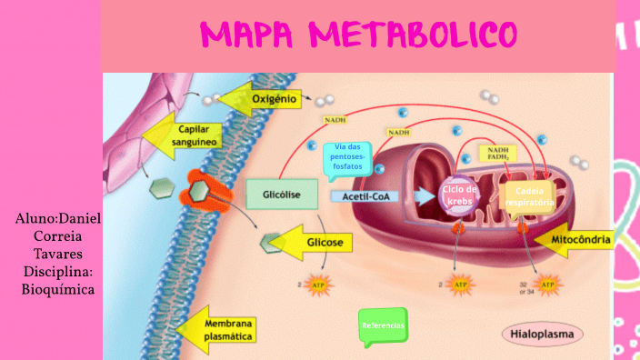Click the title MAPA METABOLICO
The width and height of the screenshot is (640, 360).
(x=359, y=35)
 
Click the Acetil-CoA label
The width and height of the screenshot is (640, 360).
(x=365, y=195)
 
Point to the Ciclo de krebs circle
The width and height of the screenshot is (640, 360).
(x=459, y=195)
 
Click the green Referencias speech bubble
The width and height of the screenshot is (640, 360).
(x=383, y=325)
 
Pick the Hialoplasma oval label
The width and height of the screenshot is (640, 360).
(x=542, y=335)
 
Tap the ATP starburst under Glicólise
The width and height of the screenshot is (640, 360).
(x=318, y=286)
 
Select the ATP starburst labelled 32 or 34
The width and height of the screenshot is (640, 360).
(x=547, y=286)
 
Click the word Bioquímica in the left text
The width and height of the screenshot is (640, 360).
(x=58, y=289)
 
